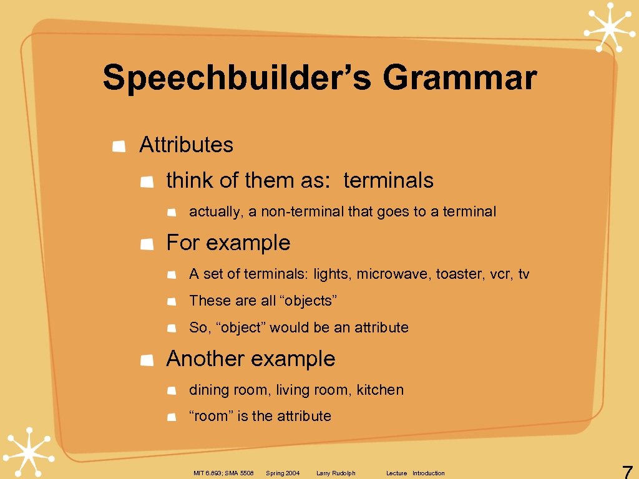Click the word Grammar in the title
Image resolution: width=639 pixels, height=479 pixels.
pyautogui.click(x=459, y=79)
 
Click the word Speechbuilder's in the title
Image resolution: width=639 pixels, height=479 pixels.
pyautogui.click(x=238, y=79)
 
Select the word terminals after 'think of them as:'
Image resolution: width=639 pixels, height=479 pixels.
pyautogui.click(x=388, y=180)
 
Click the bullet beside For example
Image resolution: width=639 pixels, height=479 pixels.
pyautogui.click(x=147, y=244)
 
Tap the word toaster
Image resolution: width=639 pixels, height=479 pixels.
pyautogui.click(x=455, y=274)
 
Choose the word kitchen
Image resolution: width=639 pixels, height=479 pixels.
pyautogui.click(x=380, y=390)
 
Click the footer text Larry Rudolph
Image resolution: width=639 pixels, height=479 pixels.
pyautogui.click(x=336, y=473)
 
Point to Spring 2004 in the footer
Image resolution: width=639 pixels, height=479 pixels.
pyautogui.click(x=283, y=473)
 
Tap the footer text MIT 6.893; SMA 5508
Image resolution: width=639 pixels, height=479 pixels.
pyautogui.click(x=223, y=473)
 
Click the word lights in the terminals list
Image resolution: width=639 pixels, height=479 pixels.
pyautogui.click(x=331, y=274)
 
